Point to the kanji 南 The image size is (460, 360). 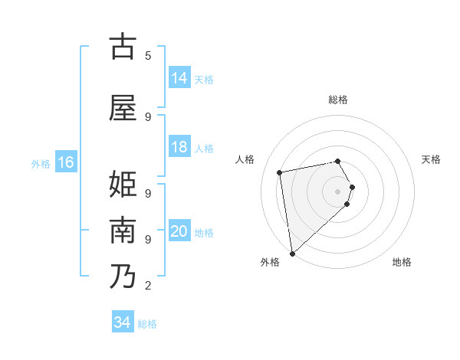coord(123,231)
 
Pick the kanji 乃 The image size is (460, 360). coord(123,276)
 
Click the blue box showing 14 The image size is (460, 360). coord(179,78)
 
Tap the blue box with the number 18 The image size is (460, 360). coord(179,147)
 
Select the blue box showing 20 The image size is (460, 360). coord(179,231)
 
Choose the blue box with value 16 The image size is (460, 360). coord(65,162)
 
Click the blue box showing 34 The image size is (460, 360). coord(123,322)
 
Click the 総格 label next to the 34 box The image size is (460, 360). coord(147,324)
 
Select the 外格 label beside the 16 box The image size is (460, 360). coord(41,164)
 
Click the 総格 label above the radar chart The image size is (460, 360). coord(338,100)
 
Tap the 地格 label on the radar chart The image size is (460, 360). coord(402,262)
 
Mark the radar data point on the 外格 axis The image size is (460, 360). coord(292,253)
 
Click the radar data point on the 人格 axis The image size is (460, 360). coord(280,172)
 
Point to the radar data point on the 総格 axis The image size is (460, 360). coord(338,161)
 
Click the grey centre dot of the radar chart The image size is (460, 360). coord(338,191)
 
